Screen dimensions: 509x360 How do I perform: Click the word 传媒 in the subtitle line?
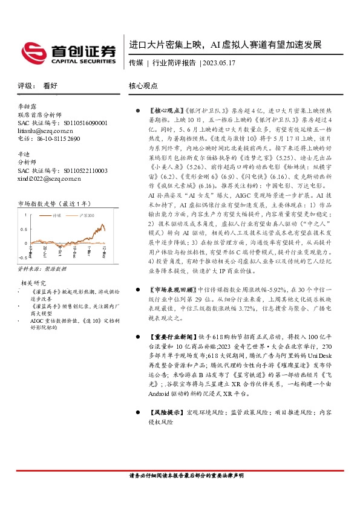pyautogui.click(x=136, y=62)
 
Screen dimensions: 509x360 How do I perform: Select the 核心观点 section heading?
pyautogui.click(x=143, y=86)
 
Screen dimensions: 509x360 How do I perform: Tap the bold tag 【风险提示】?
pyautogui.click(x=165, y=413)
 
